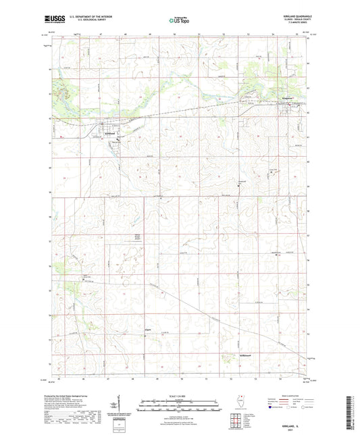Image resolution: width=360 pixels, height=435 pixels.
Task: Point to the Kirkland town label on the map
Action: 111,133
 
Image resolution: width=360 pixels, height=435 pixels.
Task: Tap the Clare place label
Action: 148,330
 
